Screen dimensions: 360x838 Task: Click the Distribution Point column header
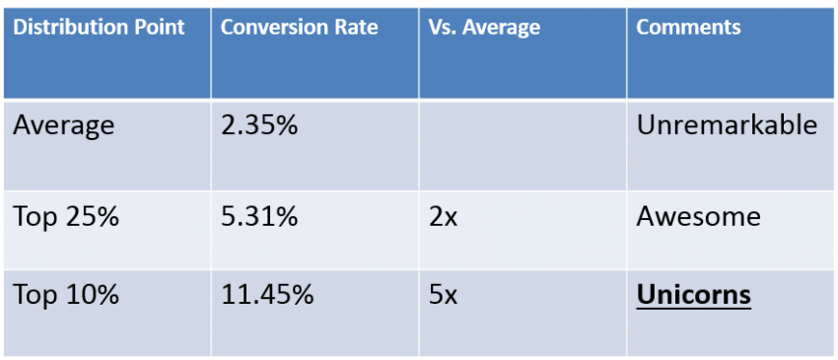(x=99, y=28)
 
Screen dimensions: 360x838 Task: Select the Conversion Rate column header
(x=299, y=28)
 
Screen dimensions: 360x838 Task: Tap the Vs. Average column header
(x=484, y=28)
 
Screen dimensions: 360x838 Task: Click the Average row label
(x=64, y=126)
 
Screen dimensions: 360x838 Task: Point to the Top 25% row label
(x=66, y=217)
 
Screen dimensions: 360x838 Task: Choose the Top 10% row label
(x=66, y=294)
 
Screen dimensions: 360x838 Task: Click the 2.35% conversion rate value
(x=258, y=126)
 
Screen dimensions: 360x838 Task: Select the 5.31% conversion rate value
(x=258, y=217)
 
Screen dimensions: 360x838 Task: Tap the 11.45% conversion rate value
(x=266, y=294)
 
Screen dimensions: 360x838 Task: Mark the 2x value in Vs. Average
(x=443, y=217)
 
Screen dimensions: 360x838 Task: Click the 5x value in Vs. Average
(x=443, y=294)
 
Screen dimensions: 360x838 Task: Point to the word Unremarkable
(x=727, y=126)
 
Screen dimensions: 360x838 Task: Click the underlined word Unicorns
(x=693, y=294)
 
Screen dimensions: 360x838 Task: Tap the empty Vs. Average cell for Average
(x=523, y=143)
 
